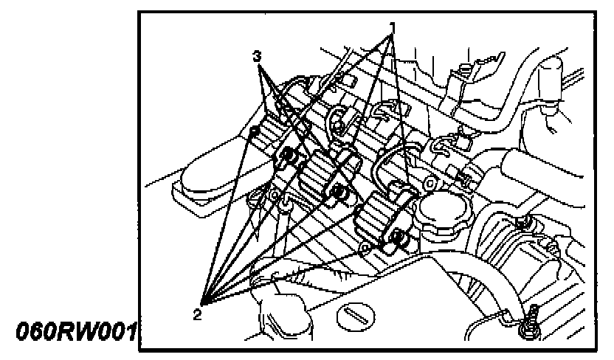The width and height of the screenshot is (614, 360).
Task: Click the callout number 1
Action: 393,27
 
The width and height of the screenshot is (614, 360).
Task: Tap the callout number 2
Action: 197,314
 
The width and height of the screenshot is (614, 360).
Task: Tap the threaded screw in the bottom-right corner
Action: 528,322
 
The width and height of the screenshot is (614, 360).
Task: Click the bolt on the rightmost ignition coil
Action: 398,237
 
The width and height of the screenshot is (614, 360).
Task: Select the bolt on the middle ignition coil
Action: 340,194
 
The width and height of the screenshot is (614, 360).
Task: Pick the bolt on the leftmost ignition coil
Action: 289,155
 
